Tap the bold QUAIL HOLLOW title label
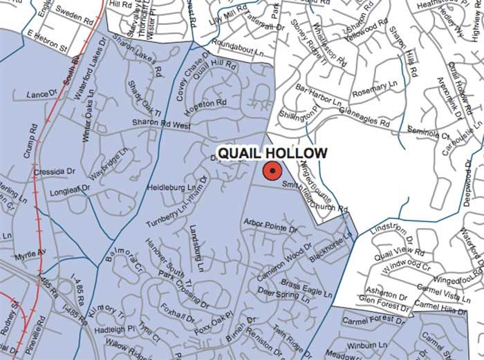[272, 153]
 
